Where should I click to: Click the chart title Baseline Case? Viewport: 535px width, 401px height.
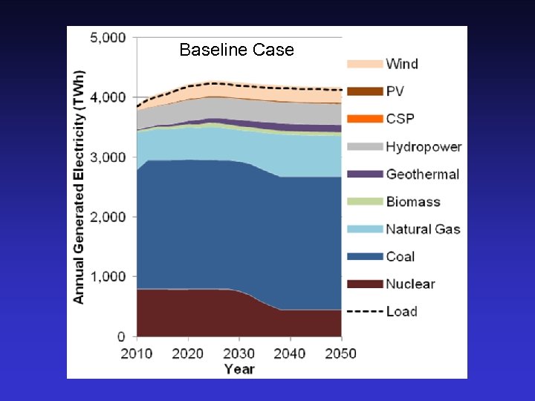(237, 50)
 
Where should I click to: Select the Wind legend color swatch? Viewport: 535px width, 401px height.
(364, 64)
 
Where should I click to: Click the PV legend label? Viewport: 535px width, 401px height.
(395, 91)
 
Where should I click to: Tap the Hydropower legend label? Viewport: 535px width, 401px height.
(423, 146)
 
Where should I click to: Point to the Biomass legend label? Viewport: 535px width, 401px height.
(412, 201)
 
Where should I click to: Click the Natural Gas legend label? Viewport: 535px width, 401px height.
(423, 229)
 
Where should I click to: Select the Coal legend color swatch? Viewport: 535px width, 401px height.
(364, 256)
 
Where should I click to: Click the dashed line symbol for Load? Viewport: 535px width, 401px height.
(364, 311)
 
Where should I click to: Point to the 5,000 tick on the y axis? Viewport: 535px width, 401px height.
(108, 37)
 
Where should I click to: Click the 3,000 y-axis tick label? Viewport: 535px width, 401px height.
(108, 157)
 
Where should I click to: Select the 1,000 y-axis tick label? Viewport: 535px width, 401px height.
(108, 277)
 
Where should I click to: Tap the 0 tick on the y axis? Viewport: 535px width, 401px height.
(121, 337)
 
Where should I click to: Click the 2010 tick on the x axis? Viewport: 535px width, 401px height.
(137, 353)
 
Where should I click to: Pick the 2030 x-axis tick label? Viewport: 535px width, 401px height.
(239, 353)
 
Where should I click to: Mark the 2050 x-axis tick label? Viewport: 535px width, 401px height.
(340, 353)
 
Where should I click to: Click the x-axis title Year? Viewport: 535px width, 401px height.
(239, 369)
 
